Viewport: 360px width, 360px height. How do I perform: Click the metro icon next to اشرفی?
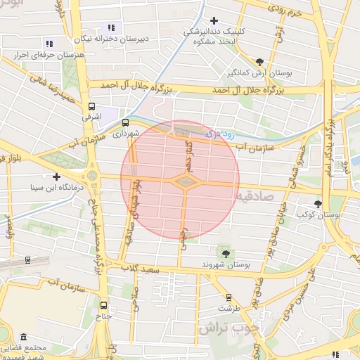[x=90, y=108]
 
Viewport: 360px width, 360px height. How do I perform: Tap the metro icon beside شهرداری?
[x=125, y=121]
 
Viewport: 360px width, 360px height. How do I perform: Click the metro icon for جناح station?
[x=104, y=305]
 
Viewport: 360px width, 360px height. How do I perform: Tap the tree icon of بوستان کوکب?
[x=319, y=202]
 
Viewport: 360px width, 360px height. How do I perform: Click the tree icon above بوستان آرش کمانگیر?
[x=260, y=62]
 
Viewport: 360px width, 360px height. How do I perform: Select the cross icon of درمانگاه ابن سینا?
[x=56, y=176]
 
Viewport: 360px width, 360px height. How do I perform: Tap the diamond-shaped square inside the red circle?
[x=185, y=182]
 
